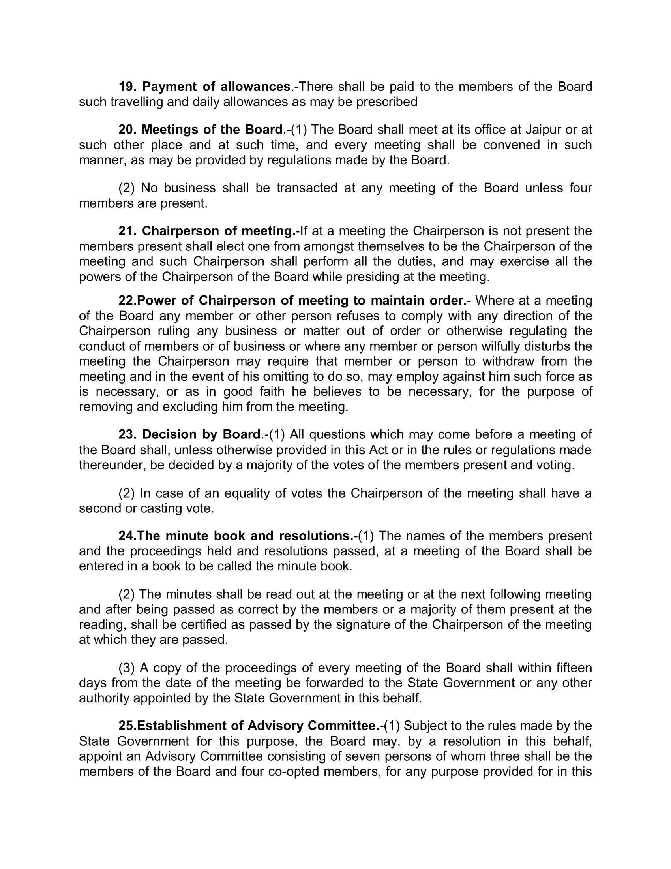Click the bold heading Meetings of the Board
click(212, 130)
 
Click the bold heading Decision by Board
click(201, 434)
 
